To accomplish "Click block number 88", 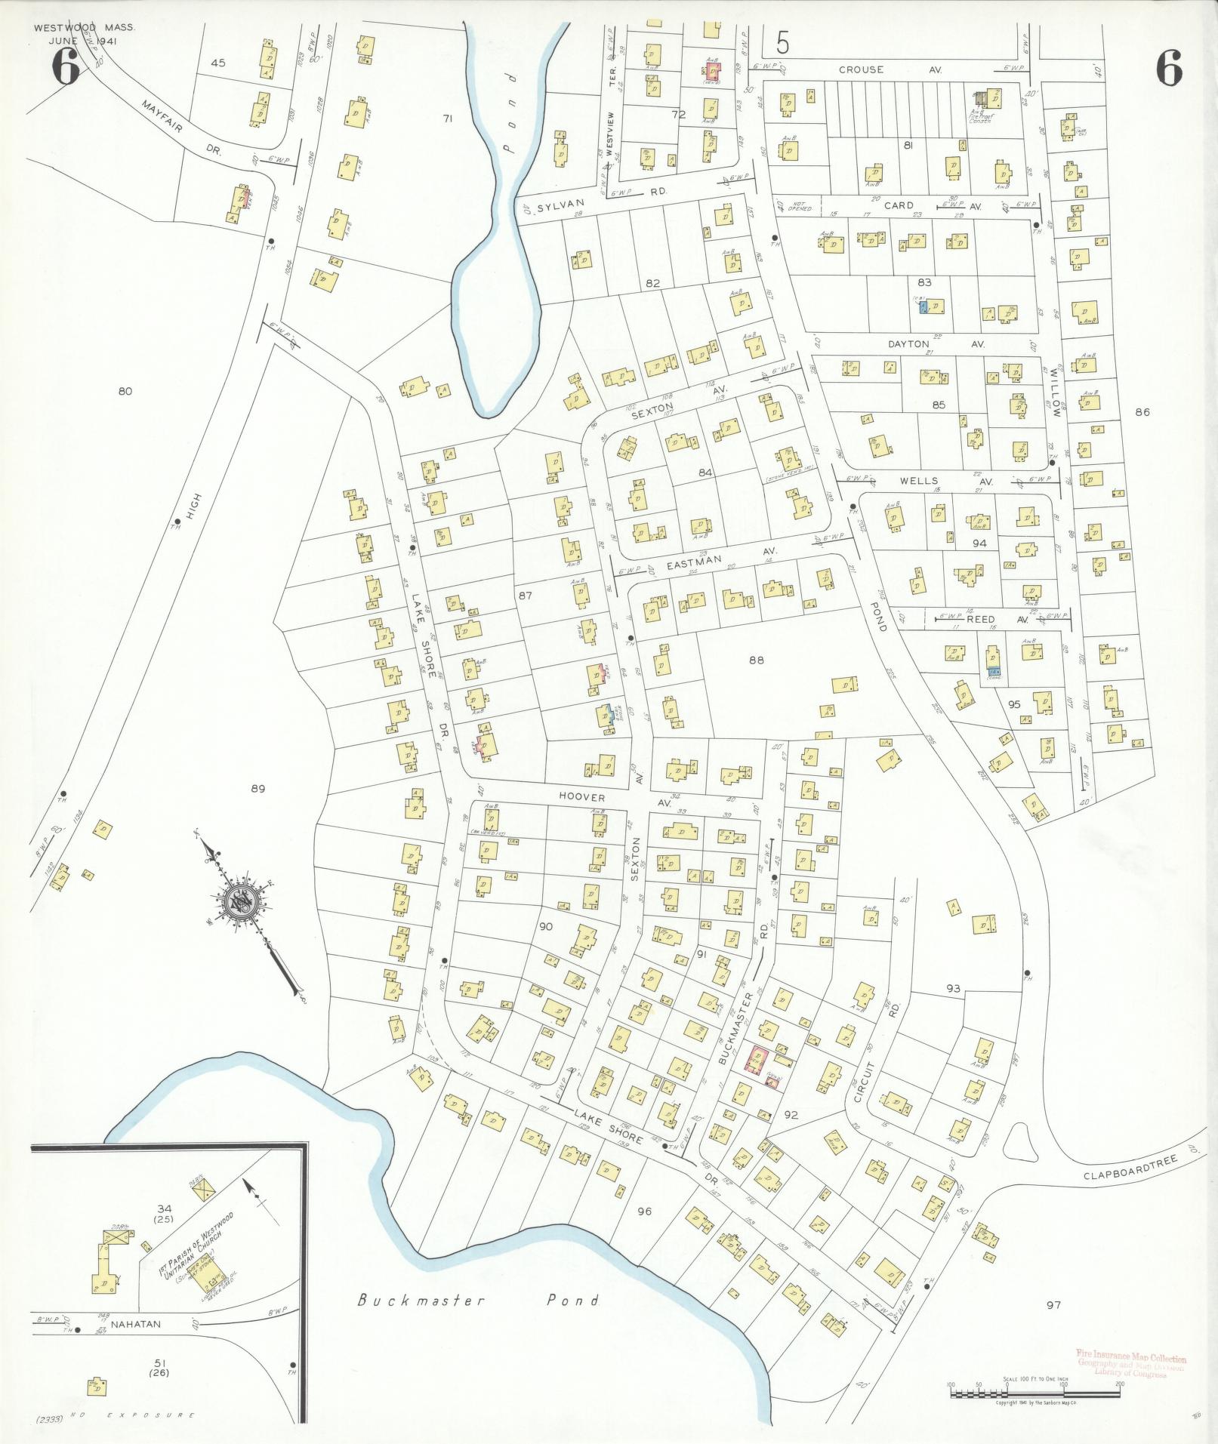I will [756, 660].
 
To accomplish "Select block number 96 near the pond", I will [643, 1212].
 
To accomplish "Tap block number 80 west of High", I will [125, 390].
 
